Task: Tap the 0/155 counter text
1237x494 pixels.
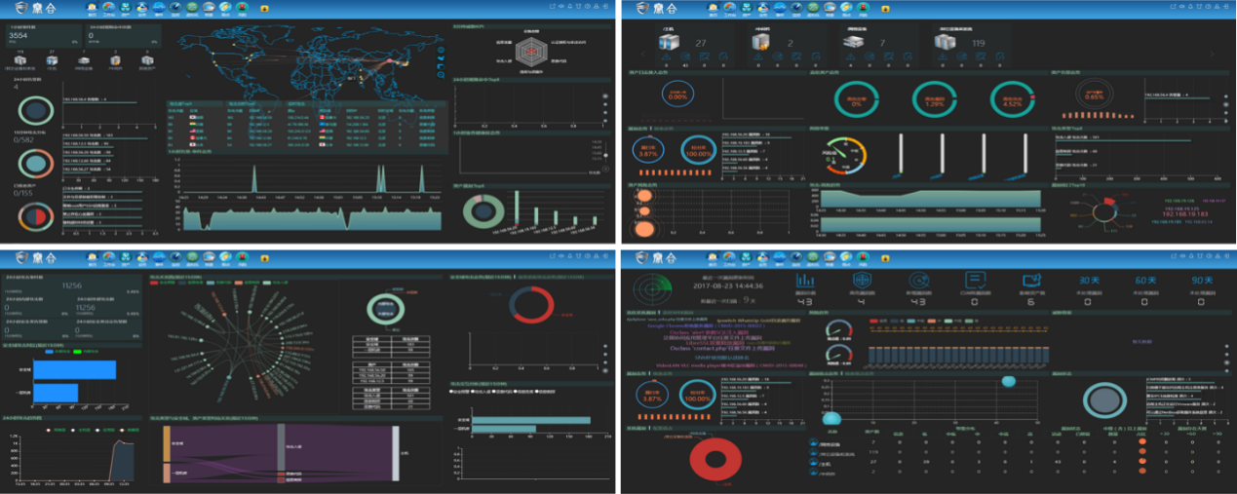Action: click(24, 193)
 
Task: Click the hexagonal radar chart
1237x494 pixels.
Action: click(530, 57)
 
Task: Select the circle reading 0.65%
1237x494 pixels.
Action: click(1094, 96)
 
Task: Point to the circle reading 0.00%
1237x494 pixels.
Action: click(676, 96)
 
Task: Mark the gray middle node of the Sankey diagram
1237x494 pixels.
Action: click(281, 451)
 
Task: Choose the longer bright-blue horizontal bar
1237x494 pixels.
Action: click(82, 370)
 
